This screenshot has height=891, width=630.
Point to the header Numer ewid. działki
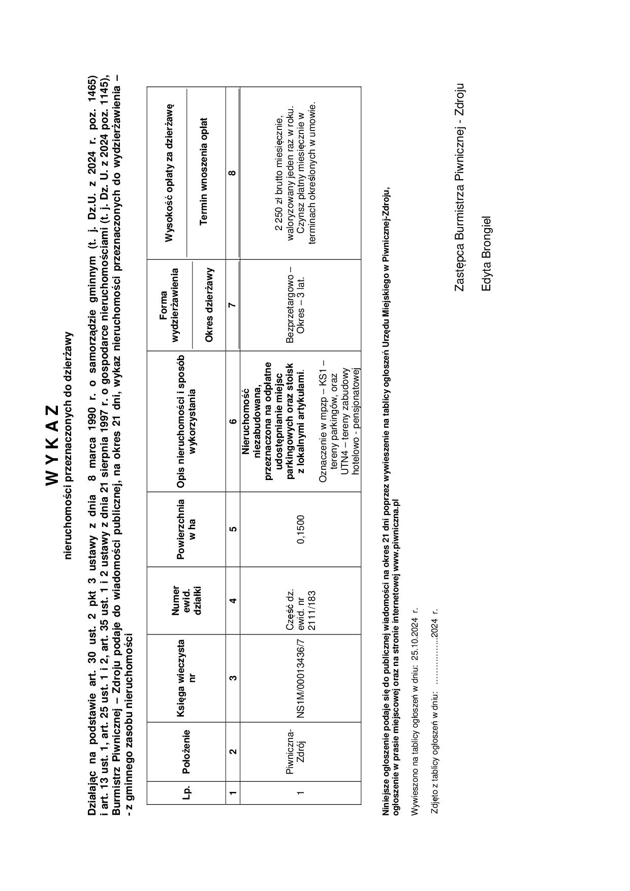pos(186,600)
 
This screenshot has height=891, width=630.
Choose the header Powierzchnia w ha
pos(186,529)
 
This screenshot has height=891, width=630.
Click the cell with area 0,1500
pos(301,529)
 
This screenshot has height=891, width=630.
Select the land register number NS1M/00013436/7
pos(301,678)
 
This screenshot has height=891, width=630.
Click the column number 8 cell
pos(232,173)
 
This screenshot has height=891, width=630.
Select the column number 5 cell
pos(232,529)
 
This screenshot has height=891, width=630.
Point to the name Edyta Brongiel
pos(486,254)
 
